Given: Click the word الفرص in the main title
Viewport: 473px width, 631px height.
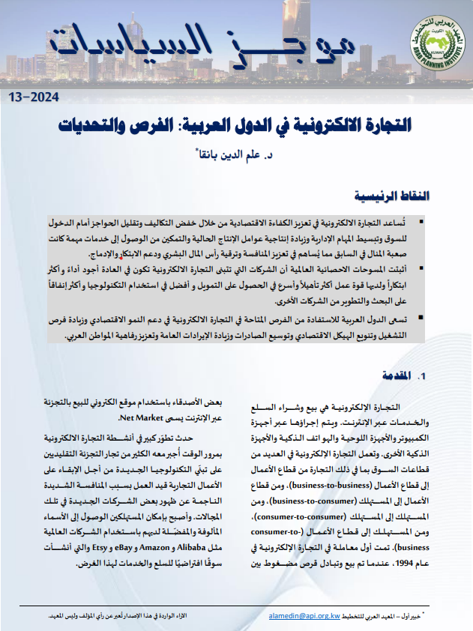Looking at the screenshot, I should [211, 124].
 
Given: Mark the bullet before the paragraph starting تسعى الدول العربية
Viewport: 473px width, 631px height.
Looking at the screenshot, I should [423, 318].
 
